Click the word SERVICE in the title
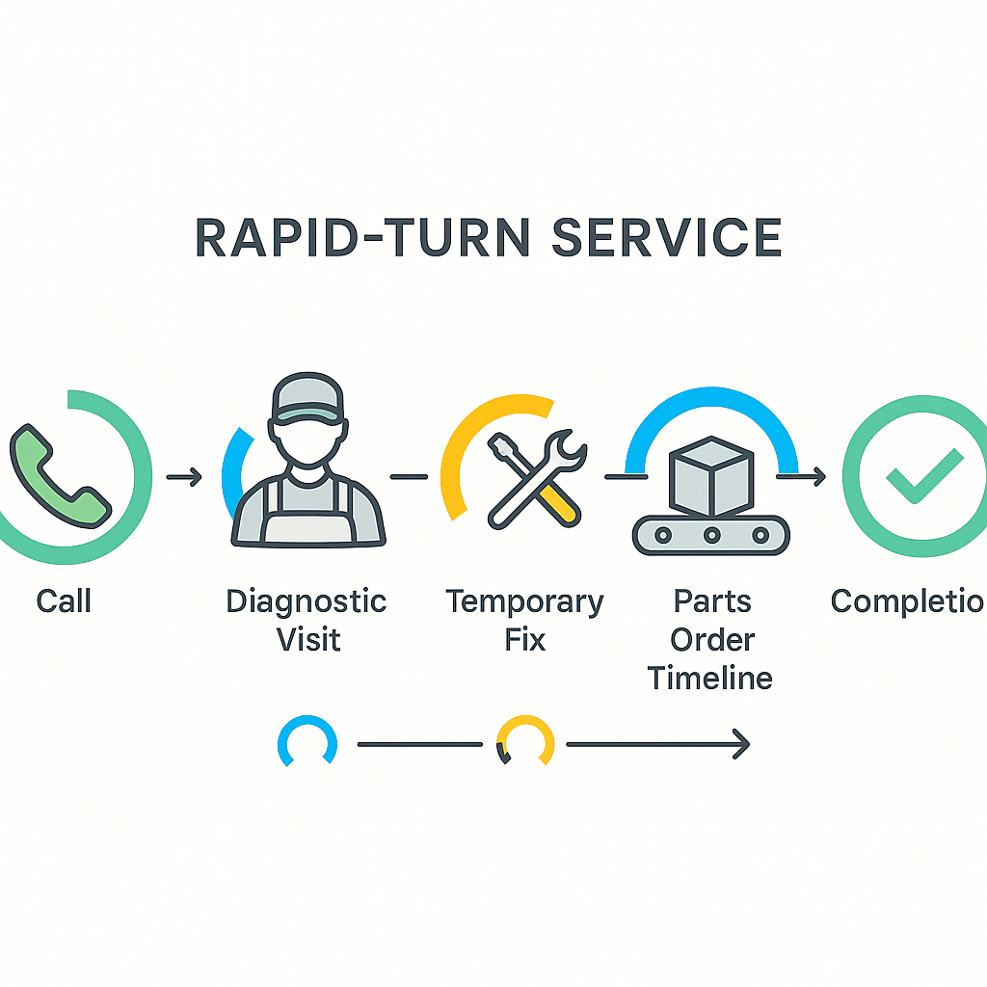[666, 237]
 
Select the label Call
[64, 601]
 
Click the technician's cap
[307, 398]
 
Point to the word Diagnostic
[307, 601]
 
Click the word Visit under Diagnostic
[308, 639]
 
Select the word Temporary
[524, 601]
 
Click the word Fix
[525, 639]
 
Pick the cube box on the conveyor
[710, 475]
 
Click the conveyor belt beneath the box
[710, 534]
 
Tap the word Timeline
[710, 678]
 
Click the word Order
[712, 639]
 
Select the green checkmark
[922, 475]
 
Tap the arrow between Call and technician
[183, 476]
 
